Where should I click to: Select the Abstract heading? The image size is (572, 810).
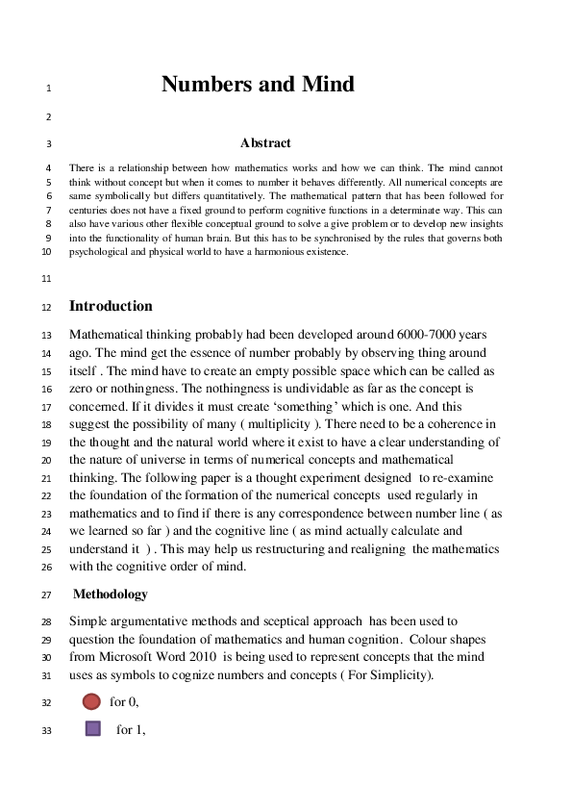(x=265, y=143)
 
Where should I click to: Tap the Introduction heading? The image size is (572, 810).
(x=111, y=307)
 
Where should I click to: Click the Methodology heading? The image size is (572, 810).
(x=111, y=595)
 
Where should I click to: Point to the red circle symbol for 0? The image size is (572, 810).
(x=92, y=701)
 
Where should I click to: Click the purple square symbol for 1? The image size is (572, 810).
(x=93, y=728)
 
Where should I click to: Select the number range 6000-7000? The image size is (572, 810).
(x=424, y=336)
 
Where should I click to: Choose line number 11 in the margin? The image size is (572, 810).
(x=46, y=280)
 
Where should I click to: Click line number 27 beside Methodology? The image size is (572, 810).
(x=46, y=595)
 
